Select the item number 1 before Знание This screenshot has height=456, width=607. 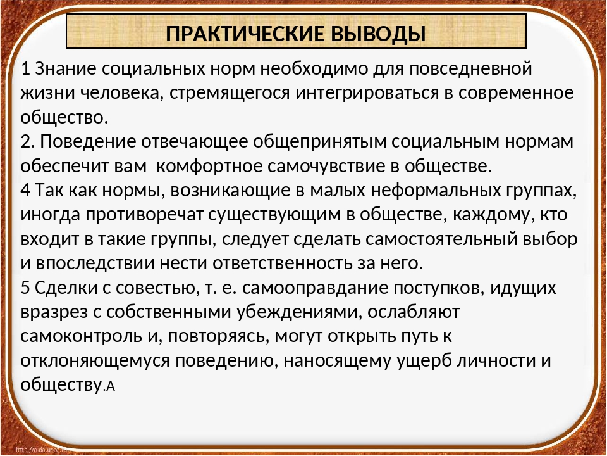[x=25, y=69]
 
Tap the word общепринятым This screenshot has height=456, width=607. [x=320, y=142]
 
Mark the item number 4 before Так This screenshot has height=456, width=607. [x=25, y=191]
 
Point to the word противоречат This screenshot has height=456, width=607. [x=144, y=215]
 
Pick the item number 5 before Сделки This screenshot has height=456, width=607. [x=25, y=288]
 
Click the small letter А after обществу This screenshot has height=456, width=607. [x=111, y=386]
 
